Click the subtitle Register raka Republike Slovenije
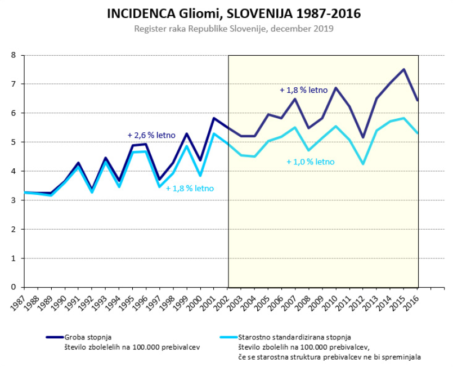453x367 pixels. point(234,28)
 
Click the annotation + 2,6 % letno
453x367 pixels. point(151,135)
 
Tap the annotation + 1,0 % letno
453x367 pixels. point(310,162)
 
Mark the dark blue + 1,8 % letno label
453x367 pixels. point(304,90)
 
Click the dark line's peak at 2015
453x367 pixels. point(403,69)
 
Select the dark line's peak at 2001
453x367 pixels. point(214,118)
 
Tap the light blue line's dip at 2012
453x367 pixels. point(363,164)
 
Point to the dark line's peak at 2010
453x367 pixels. point(336,88)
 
